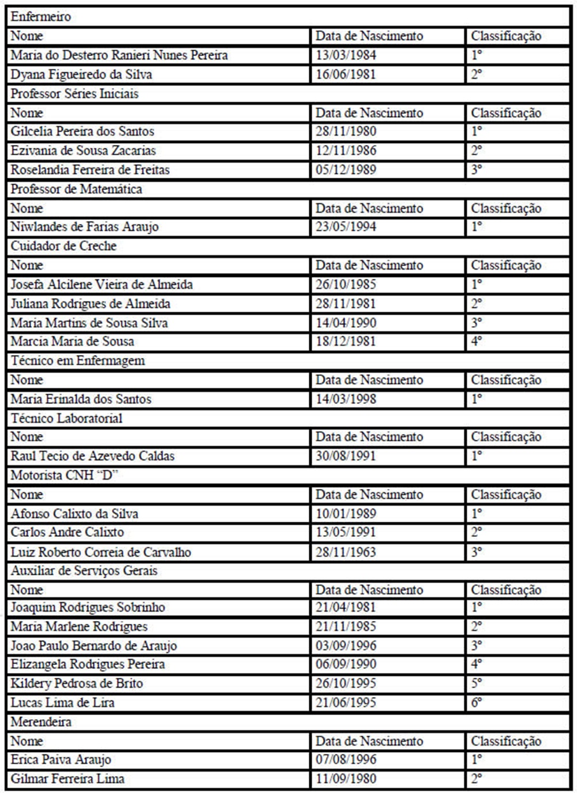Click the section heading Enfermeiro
point(41,17)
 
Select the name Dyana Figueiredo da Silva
point(81,74)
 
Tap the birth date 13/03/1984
point(346,55)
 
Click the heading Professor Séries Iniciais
point(74,93)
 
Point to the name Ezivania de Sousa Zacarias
point(83,151)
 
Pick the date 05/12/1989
point(346,170)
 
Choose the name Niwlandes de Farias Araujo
point(84,227)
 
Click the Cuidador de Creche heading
point(63,246)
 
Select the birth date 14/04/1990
point(346,323)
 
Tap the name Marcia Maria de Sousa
point(72,342)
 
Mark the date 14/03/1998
point(346,399)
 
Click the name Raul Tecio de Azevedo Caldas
point(92,456)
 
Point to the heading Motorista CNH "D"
point(65,475)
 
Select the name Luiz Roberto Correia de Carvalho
point(100,552)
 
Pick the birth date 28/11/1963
point(346,552)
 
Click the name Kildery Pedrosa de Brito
point(77,683)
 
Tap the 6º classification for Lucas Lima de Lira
point(476,702)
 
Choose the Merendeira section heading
point(41,721)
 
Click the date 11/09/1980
point(346,779)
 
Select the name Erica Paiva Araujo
point(61,760)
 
